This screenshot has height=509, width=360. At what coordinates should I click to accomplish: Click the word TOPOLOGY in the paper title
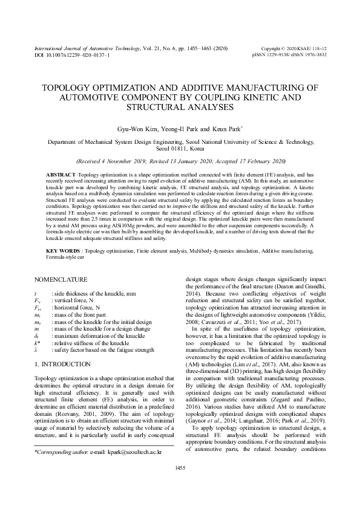tap(71, 88)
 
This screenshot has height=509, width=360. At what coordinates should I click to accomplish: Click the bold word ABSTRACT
tap(61, 174)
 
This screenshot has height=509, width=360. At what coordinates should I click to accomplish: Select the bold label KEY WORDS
tap(63, 250)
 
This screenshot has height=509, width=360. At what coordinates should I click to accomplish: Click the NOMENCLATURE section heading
tap(64, 280)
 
